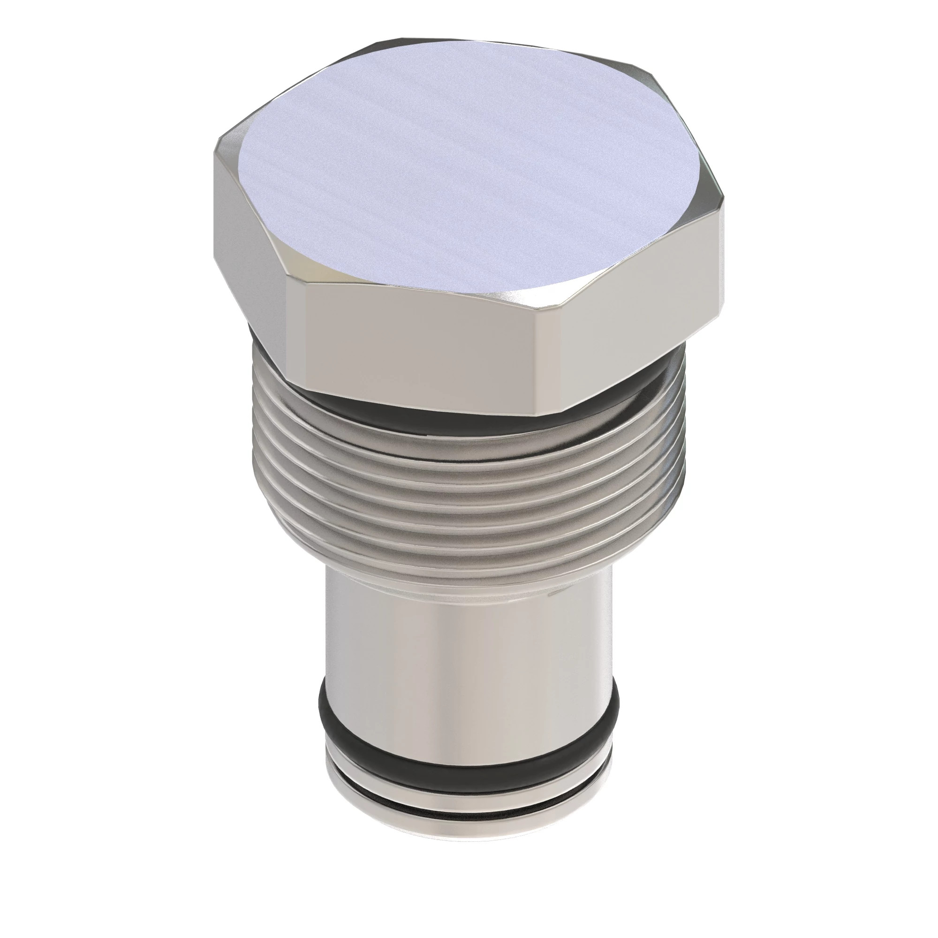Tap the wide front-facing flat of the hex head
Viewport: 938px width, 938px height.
click(x=417, y=349)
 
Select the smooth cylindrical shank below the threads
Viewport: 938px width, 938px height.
click(x=466, y=631)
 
